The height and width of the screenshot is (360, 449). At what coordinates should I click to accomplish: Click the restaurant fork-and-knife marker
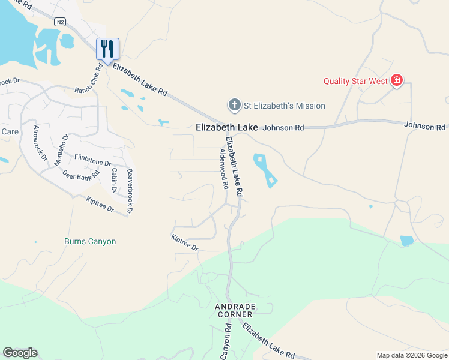(108, 49)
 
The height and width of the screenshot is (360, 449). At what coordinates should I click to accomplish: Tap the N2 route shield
(59, 22)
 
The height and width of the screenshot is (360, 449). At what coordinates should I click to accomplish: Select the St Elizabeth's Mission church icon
(234, 106)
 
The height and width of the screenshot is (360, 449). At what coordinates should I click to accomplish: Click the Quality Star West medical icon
(396, 80)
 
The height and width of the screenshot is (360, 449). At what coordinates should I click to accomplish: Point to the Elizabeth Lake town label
(227, 127)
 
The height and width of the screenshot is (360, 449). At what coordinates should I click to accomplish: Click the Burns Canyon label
(90, 241)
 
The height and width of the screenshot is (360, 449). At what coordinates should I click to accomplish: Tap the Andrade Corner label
(235, 310)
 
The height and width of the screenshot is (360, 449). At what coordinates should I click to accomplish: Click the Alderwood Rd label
(220, 169)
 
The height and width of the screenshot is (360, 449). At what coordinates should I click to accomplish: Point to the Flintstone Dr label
(92, 160)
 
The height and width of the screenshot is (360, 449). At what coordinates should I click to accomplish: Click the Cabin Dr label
(113, 180)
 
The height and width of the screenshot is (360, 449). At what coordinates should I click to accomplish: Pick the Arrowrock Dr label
(40, 143)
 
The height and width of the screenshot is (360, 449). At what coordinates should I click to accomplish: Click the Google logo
(20, 353)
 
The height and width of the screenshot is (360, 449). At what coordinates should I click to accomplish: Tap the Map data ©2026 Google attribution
(411, 355)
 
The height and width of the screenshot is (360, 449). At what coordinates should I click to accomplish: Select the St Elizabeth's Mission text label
(284, 106)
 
